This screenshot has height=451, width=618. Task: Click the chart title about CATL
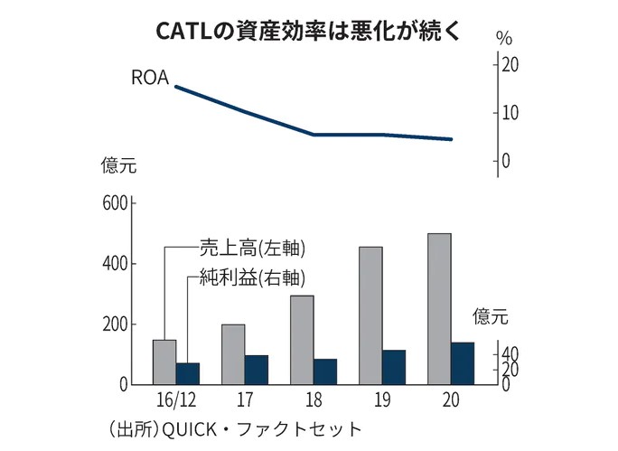pos(307,31)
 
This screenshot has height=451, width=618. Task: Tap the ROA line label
pos(150,78)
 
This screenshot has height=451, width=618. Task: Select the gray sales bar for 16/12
pos(164,362)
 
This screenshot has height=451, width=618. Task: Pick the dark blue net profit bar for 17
pos(257,370)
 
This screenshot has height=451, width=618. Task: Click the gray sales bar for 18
pos(302,340)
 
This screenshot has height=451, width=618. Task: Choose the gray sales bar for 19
pos(370,315)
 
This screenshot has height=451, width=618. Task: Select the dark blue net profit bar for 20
pos(462,363)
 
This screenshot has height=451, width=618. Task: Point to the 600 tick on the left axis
pos(115,203)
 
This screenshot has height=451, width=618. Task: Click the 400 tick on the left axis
pos(115,264)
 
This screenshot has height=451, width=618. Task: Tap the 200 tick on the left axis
pos(115,324)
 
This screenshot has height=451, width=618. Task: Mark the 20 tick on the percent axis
pos(510,65)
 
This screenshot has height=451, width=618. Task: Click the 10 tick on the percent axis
pos(510,113)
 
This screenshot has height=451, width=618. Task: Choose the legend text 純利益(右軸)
pos(253,278)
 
